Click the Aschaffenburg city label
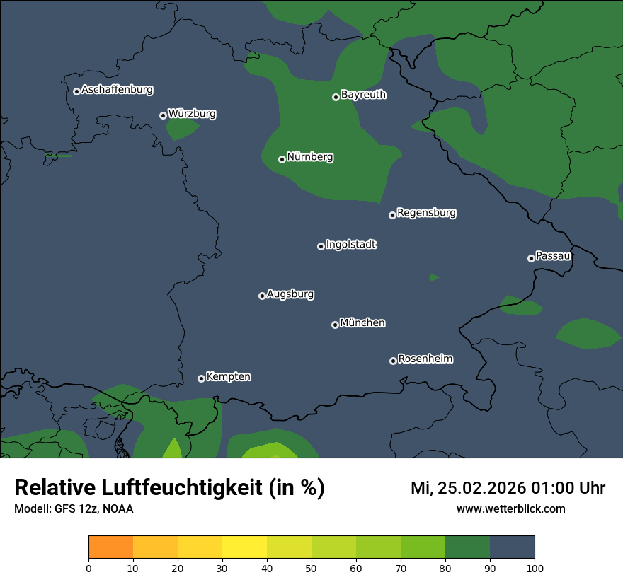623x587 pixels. point(117,90)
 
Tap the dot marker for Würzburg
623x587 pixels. point(163,115)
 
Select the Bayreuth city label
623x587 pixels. point(363,95)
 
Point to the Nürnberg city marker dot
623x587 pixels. point(282,159)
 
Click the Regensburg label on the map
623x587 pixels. point(426,213)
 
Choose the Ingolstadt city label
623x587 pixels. point(351,245)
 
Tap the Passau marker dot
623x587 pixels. point(531,258)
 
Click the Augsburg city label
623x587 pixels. point(290,294)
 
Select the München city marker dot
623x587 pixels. point(335,325)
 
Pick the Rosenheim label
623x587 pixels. point(425,359)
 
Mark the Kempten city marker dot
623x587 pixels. point(201,378)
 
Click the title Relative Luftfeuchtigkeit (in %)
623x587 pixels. point(169,488)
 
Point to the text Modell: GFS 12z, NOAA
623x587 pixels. point(74,509)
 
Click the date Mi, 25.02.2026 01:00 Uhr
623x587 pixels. point(508,488)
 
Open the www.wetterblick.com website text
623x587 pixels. point(510,509)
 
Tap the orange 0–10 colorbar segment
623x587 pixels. point(110,547)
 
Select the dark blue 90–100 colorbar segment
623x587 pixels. point(512,547)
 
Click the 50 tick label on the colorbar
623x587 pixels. point(311,568)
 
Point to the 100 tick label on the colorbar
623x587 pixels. point(535,568)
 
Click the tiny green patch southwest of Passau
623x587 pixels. point(433,277)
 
